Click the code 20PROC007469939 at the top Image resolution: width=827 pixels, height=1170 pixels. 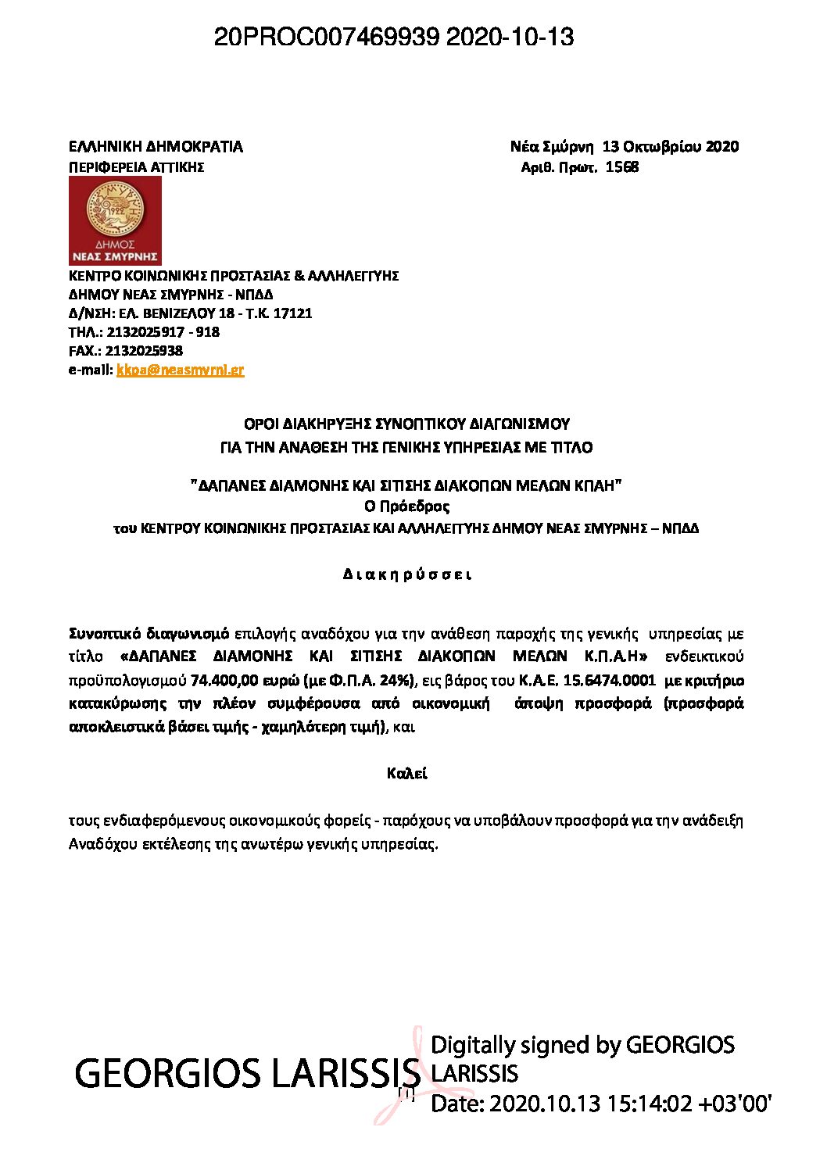tap(327, 37)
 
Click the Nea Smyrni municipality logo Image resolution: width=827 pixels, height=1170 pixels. tap(115, 220)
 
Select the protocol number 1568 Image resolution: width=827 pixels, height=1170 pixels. tap(622, 167)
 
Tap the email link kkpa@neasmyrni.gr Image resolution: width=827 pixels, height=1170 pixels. tap(180, 370)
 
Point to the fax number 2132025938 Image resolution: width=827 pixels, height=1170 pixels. tap(144, 351)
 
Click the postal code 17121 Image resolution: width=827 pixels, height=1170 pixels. tap(292, 313)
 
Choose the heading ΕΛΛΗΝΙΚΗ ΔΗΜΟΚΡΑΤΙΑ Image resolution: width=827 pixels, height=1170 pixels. tap(156, 146)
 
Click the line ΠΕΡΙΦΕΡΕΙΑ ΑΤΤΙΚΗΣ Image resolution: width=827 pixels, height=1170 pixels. tap(136, 167)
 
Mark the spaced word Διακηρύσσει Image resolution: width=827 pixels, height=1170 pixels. tap(407, 574)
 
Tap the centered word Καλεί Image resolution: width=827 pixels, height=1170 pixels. tap(406, 774)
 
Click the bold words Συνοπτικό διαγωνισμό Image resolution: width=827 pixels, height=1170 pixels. tap(149, 633)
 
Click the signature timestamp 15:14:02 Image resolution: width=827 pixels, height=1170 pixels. tap(645, 1103)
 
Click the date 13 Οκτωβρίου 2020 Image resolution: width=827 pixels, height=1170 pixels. tap(670, 146)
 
